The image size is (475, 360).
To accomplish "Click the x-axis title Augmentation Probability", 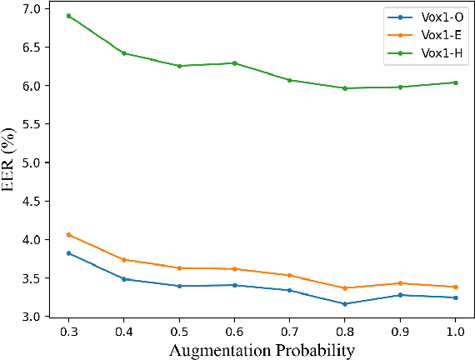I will click(262, 350).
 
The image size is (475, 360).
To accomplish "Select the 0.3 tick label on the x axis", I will click(68, 331).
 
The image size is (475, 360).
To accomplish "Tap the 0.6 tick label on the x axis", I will click(234, 331).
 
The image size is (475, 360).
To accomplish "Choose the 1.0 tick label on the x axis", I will click(455, 331).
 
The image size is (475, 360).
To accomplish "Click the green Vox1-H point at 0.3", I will click(68, 16).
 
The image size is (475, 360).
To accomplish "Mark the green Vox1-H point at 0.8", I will click(345, 88).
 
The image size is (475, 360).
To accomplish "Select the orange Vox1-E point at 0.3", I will click(68, 235).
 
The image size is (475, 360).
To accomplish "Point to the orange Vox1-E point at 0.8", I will click(345, 288).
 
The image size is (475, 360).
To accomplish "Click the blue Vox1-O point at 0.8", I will click(345, 304).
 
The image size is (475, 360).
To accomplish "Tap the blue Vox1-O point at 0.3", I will click(68, 253).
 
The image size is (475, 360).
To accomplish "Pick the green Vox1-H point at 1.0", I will click(455, 82).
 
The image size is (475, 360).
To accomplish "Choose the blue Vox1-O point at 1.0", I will click(455, 297).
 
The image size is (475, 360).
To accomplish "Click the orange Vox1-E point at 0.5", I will click(179, 267).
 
